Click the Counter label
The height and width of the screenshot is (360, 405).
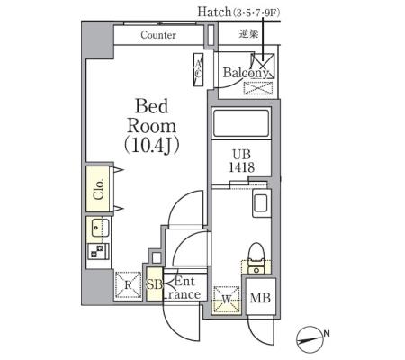pyautogui.click(x=158, y=35)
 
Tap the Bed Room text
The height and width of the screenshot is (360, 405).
pyautogui.click(x=152, y=116)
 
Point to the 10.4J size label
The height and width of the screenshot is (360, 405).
pyautogui.click(x=152, y=146)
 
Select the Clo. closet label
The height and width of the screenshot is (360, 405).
pyautogui.click(x=99, y=189)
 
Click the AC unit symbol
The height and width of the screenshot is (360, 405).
pyautogui.click(x=198, y=69)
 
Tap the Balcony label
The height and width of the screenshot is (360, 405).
pyautogui.click(x=246, y=73)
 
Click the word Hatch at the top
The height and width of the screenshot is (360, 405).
pyautogui.click(x=214, y=12)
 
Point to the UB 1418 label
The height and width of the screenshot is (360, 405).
pyautogui.click(x=242, y=161)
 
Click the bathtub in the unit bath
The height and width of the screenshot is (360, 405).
pyautogui.click(x=241, y=123)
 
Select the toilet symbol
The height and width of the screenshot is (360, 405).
pyautogui.click(x=256, y=258)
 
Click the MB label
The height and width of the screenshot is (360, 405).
pyautogui.click(x=260, y=298)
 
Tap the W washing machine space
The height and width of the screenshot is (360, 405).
pyautogui.click(x=227, y=299)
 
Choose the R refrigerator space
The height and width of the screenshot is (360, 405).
pyautogui.click(x=128, y=284)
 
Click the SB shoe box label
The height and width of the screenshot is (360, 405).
pyautogui.click(x=155, y=284)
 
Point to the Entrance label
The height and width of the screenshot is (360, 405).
pyautogui.click(x=183, y=288)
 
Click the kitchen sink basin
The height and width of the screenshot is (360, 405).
pyautogui.click(x=98, y=229)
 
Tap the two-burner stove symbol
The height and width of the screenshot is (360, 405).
pyautogui.click(x=98, y=251)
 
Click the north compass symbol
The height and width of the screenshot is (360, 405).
pyautogui.click(x=310, y=340)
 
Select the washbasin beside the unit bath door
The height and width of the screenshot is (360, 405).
pyautogui.click(x=262, y=203)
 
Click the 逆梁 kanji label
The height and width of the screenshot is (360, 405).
pyautogui.click(x=248, y=33)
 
